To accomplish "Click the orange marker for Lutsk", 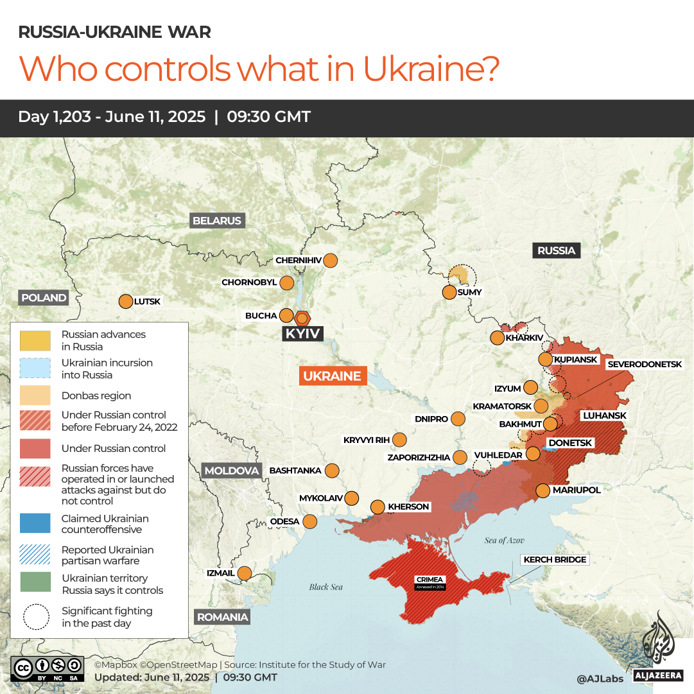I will pyautogui.click(x=125, y=301).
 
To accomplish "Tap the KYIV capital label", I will pyautogui.click(x=302, y=334).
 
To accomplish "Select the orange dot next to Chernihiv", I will pyautogui.click(x=331, y=261).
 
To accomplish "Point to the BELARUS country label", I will pyautogui.click(x=217, y=221).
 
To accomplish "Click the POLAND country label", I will pyautogui.click(x=44, y=298).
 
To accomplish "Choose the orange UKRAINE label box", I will pyautogui.click(x=333, y=376).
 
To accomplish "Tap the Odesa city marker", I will pyautogui.click(x=310, y=521).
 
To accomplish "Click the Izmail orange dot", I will pyautogui.click(x=245, y=573).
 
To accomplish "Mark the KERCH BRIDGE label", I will pyautogui.click(x=555, y=560).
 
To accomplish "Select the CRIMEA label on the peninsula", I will pyautogui.click(x=429, y=580).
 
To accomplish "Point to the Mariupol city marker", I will pyautogui.click(x=543, y=490).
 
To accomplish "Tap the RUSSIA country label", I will pyautogui.click(x=556, y=250).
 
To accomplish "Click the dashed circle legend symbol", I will pyautogui.click(x=36, y=617).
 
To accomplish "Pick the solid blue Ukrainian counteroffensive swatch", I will pyautogui.click(x=35, y=523).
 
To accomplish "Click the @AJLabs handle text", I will pyautogui.click(x=600, y=678).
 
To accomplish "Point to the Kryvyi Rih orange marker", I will pyautogui.click(x=399, y=440).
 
